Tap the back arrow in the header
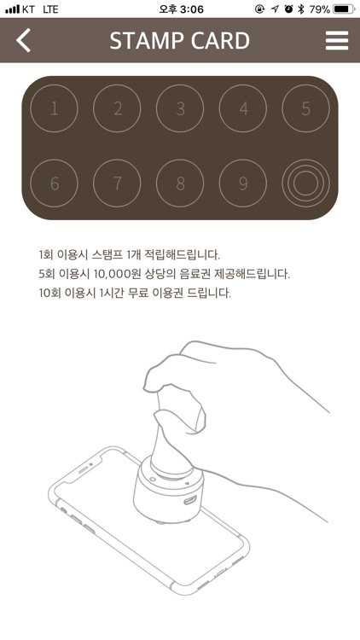coord(24,40)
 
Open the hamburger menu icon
coord(337,40)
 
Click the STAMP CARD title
coord(180,40)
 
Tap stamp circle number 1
coord(54,109)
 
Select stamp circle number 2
coord(117,109)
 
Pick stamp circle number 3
coord(180,109)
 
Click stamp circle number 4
coord(243,109)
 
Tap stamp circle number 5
coord(305,109)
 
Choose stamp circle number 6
coord(54,183)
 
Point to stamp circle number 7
coord(117,183)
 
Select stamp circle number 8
coord(180,183)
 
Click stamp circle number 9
coord(243,183)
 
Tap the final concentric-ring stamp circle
coord(305,183)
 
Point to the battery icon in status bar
coord(344,9)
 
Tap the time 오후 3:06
coord(181,9)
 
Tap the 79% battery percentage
coord(319,9)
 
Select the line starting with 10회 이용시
coord(135,294)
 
